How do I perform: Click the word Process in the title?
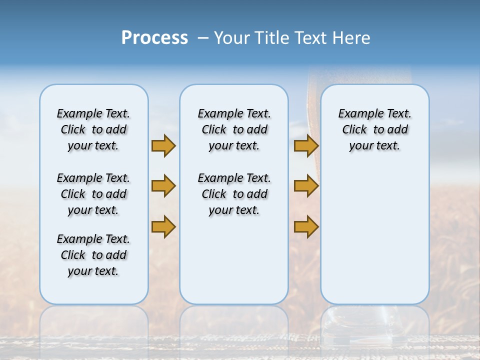click(154, 37)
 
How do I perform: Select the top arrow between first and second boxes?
click(163, 145)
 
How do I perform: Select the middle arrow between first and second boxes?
click(163, 186)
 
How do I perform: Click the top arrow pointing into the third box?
click(306, 145)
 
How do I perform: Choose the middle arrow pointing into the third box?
click(306, 186)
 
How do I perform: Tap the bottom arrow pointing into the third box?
click(306, 227)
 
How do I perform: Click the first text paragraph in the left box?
click(93, 129)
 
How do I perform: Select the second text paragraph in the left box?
click(93, 194)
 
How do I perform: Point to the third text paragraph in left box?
click(93, 255)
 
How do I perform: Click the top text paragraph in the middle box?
click(234, 129)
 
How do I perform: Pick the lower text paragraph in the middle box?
click(234, 194)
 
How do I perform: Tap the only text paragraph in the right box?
click(374, 129)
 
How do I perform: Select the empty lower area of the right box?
click(374, 235)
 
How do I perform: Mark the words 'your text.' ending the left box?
click(93, 271)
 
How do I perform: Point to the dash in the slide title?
click(203, 38)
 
